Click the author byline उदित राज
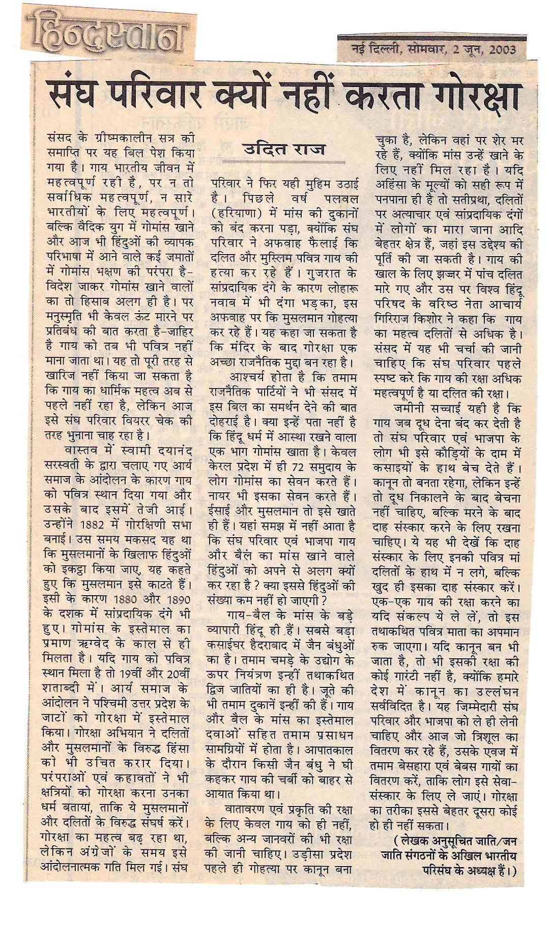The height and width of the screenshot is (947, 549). pyautogui.click(x=284, y=151)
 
